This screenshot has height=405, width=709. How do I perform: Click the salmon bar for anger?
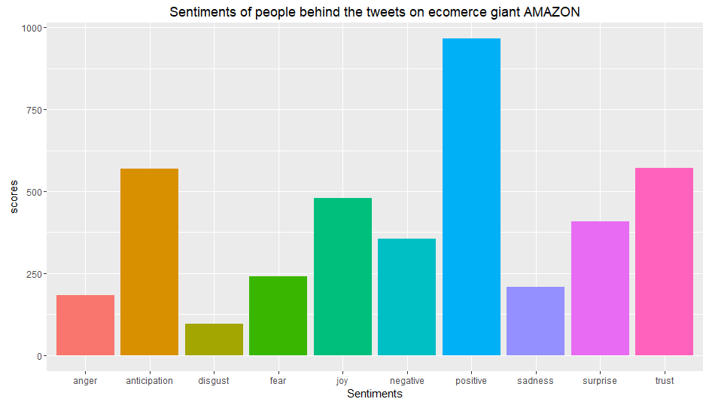click(x=85, y=325)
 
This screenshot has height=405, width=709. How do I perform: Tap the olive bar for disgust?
click(x=214, y=340)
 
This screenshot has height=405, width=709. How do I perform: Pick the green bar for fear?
click(x=278, y=316)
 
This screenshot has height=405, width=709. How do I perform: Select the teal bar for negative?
click(x=406, y=297)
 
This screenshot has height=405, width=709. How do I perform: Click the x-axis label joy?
click(x=342, y=381)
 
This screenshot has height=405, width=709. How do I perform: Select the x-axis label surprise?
click(x=600, y=381)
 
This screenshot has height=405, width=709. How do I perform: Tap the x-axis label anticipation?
click(x=149, y=381)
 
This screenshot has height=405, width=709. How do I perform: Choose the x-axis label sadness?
click(x=535, y=381)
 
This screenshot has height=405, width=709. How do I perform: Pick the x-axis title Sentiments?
click(x=374, y=394)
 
